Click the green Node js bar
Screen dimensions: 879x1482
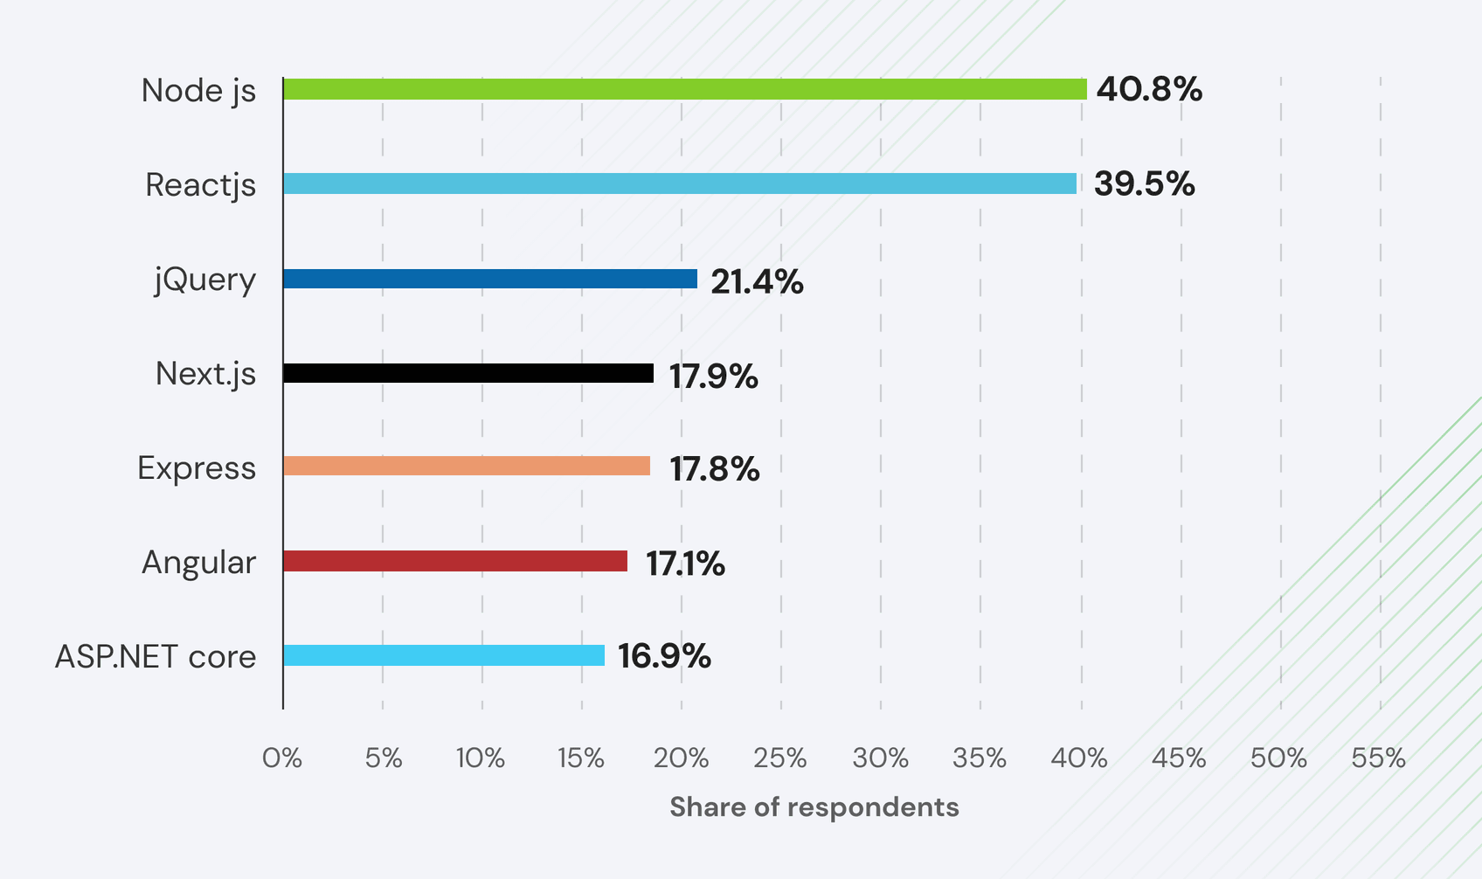684,89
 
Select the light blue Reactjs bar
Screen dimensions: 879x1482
680,183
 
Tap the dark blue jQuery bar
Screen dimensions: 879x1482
490,279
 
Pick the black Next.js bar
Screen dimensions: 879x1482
468,373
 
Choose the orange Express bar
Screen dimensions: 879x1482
467,466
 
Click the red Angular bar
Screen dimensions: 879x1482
455,561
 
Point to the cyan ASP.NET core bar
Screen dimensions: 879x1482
444,655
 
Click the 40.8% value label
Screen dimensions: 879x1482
1149,89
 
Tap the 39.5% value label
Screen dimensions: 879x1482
1144,183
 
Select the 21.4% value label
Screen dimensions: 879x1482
757,281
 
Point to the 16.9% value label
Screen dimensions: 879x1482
664,655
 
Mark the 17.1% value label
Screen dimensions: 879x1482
685,564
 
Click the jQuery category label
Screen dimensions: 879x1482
205,280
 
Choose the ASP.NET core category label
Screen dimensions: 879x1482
156,656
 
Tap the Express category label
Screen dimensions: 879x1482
197,467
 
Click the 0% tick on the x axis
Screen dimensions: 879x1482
282,758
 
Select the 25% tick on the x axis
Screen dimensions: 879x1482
780,758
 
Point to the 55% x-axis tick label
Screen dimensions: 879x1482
1378,758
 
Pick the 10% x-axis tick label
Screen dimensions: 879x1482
481,758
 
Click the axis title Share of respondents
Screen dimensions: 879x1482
814,806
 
